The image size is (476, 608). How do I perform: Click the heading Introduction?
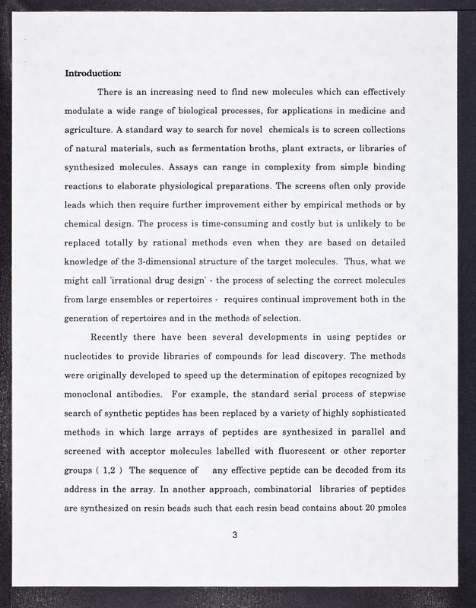click(x=93, y=74)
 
